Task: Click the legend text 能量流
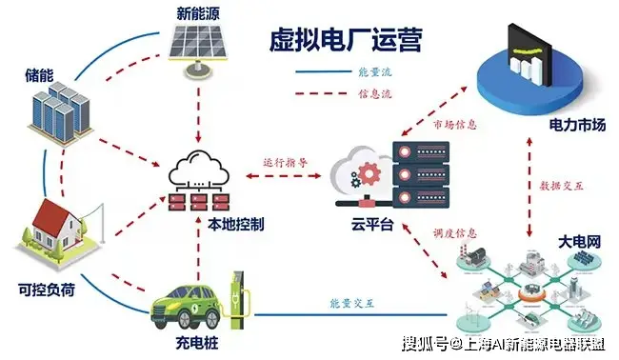372,72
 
